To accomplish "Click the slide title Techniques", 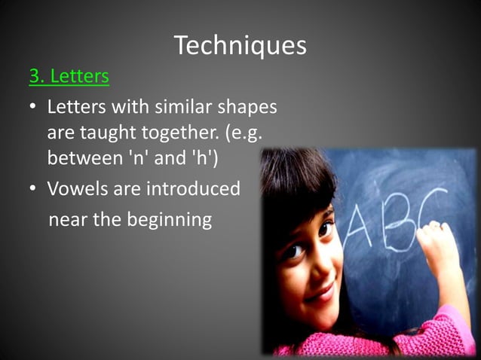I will (x=240, y=46).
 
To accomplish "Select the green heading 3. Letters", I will (x=69, y=77).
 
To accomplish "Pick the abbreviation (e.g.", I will (x=246, y=133).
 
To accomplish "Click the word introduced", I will (x=193, y=188).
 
